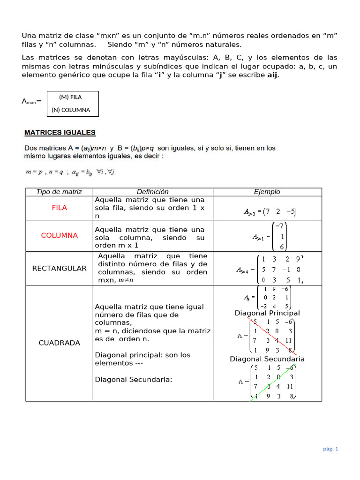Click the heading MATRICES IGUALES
coord(60,133)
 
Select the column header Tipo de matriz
coord(59,192)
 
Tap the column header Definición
coord(152,192)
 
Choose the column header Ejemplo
coord(267,192)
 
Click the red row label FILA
coord(59,208)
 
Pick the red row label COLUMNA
coord(59,235)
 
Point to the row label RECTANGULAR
coord(59,268)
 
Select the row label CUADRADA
coord(59,343)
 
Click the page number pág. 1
coord(330,449)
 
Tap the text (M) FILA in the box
coord(70,97)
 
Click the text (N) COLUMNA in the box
coord(71,111)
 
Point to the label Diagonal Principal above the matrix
coord(267,313)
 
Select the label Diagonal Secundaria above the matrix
coord(267,359)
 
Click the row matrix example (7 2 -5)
coord(270,212)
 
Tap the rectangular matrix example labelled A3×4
coord(270,269)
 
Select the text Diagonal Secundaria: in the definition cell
coord(134,379)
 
